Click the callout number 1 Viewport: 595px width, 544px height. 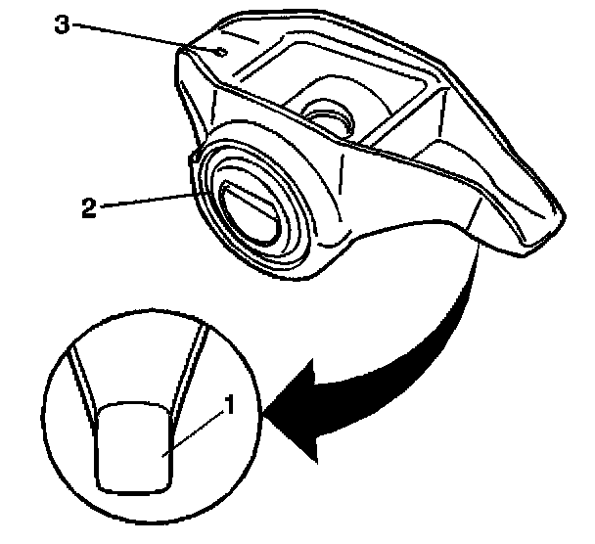coord(228,403)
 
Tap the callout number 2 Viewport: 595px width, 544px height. coord(89,206)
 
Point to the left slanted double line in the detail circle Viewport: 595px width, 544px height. coord(83,377)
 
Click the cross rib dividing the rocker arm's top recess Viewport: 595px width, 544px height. coord(401,109)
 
